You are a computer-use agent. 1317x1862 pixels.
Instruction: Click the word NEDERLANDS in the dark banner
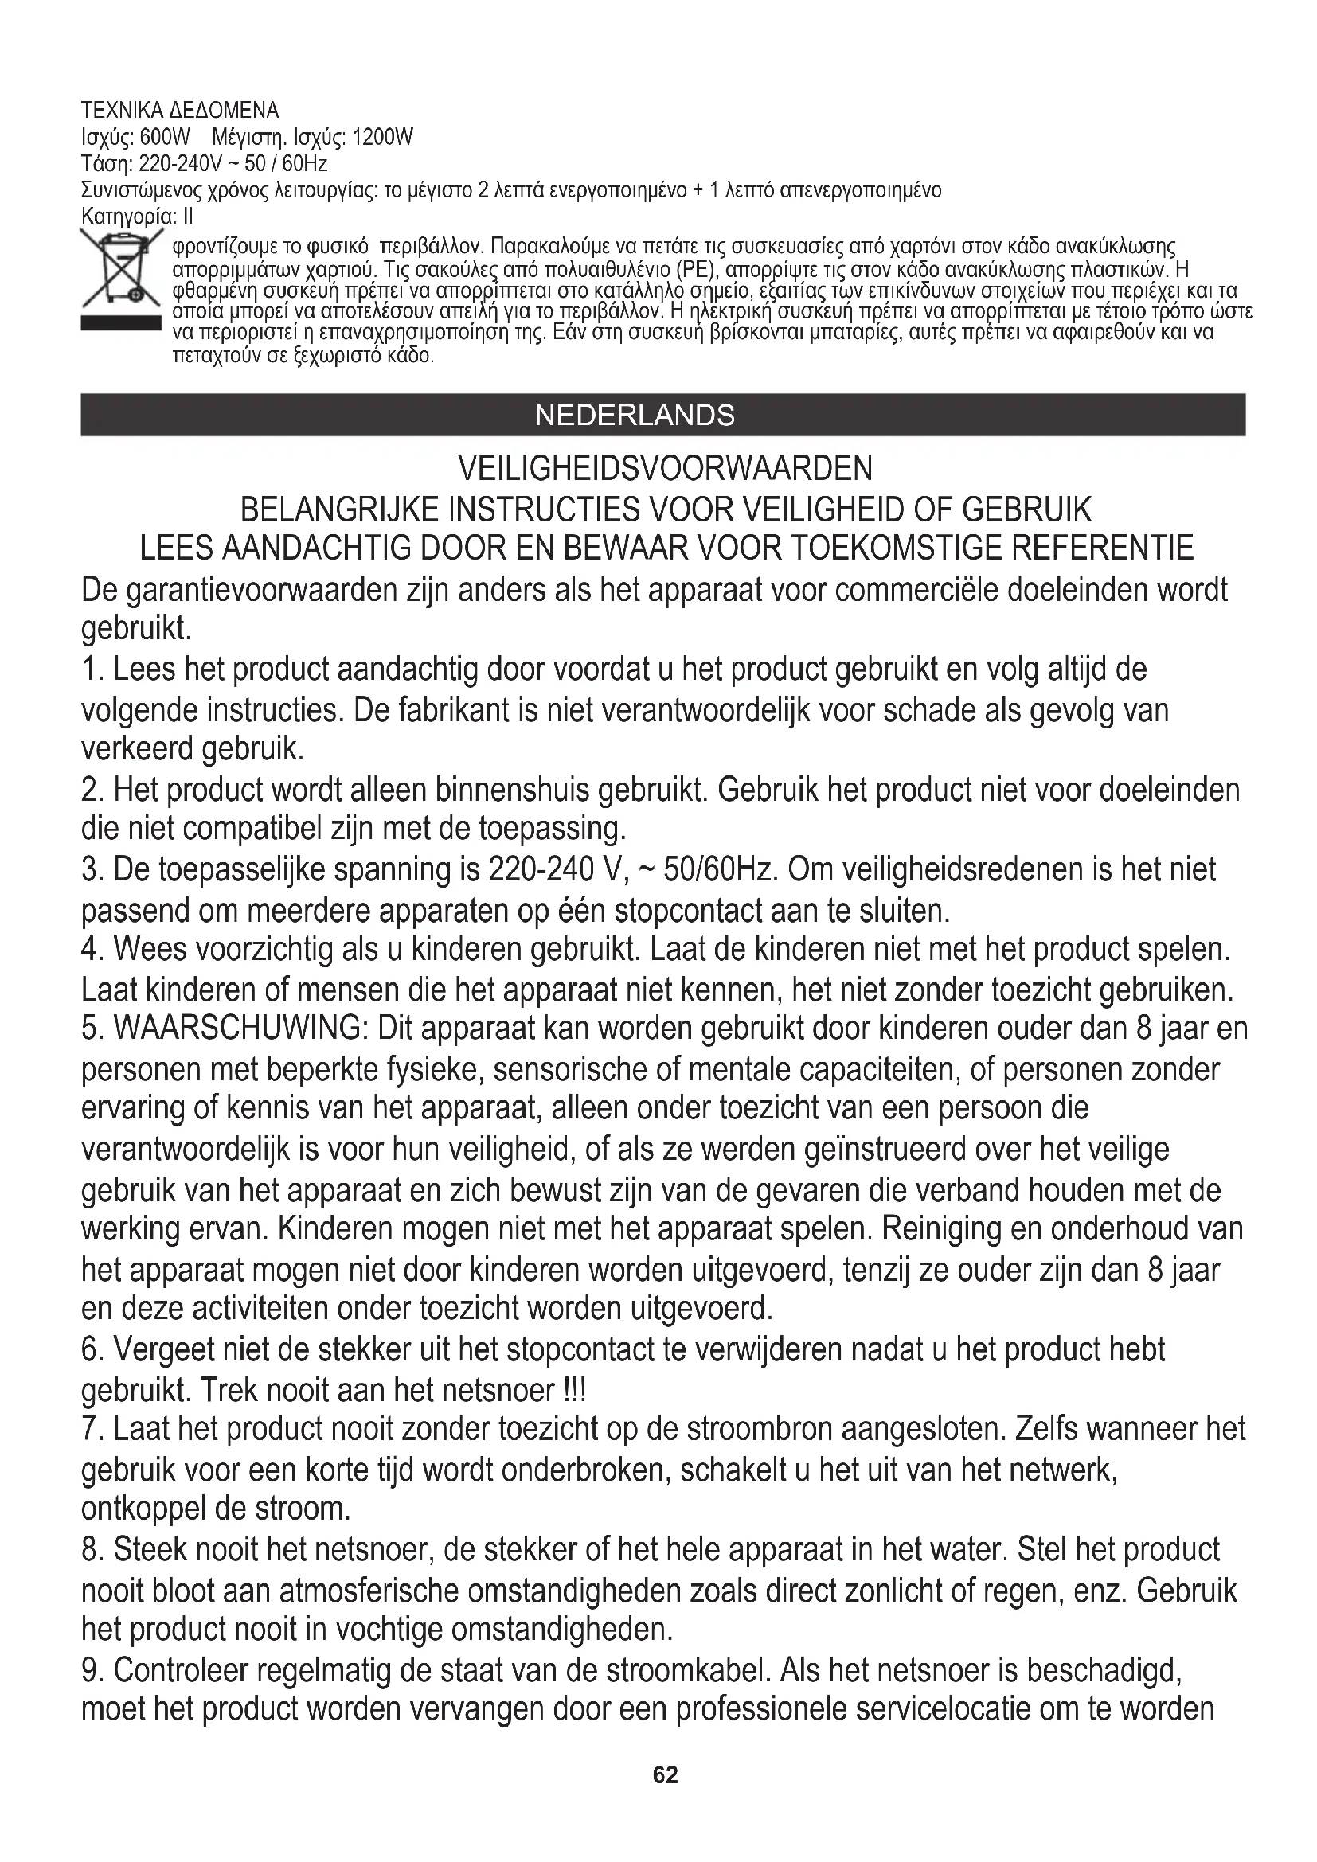tap(635, 416)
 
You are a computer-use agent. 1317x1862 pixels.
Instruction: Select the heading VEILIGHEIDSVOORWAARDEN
tap(665, 468)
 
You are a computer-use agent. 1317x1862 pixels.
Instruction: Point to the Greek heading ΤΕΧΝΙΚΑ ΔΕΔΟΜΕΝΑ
tap(180, 111)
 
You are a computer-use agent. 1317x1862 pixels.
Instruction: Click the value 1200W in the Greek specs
tap(384, 137)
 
